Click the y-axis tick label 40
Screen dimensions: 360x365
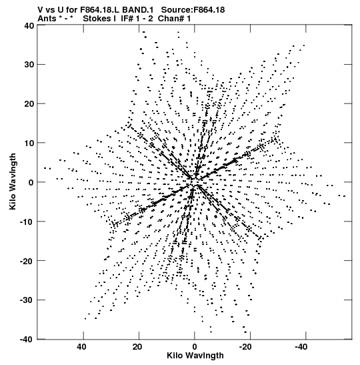[29, 25]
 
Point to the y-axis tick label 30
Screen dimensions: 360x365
[29, 65]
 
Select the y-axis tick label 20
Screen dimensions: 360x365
[29, 104]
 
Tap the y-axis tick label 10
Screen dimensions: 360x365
[29, 143]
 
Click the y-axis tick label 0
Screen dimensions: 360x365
[31, 182]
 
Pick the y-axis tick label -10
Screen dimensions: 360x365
[27, 222]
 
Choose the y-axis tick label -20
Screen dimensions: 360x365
[27, 261]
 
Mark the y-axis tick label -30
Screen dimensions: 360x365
[27, 300]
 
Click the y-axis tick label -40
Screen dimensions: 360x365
[27, 340]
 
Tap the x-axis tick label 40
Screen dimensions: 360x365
[82, 347]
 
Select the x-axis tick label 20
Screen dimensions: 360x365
[137, 347]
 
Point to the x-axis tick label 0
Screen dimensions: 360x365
[195, 347]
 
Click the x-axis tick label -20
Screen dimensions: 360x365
[245, 347]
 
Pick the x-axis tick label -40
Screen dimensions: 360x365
[301, 347]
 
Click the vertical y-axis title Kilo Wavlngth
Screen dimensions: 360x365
[13, 181]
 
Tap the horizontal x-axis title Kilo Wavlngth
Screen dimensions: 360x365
[195, 356]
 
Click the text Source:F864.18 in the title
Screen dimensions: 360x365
[193, 10]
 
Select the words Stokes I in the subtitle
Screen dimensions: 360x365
[99, 19]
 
